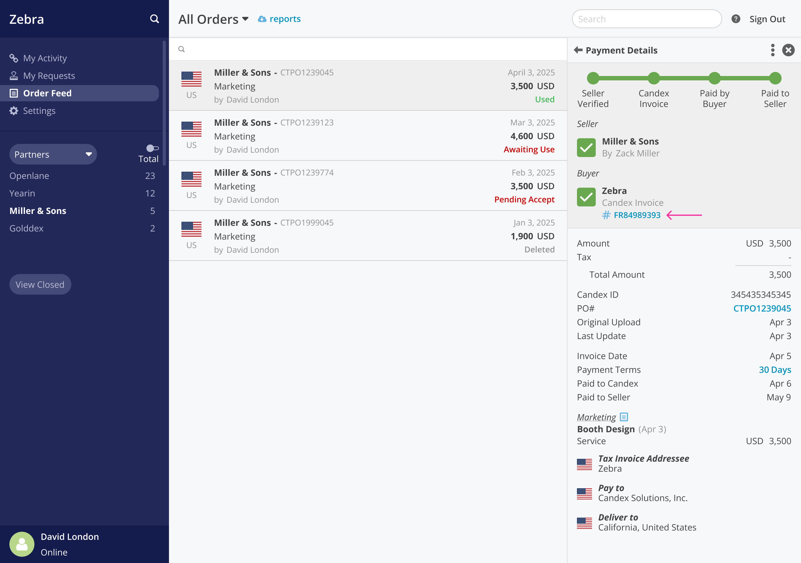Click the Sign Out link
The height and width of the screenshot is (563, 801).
click(767, 19)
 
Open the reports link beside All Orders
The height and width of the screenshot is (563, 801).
click(284, 19)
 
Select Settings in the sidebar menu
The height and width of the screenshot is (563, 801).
click(39, 111)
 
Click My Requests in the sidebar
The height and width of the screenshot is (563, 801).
click(49, 76)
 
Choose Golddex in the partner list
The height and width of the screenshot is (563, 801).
click(27, 228)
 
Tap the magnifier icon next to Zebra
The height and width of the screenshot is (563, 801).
click(154, 19)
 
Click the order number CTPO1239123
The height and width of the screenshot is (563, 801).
click(307, 123)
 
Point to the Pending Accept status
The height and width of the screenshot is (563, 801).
click(524, 200)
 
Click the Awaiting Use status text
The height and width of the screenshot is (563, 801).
click(528, 150)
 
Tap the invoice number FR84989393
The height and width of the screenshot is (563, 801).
click(637, 215)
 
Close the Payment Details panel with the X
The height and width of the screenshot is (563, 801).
click(788, 50)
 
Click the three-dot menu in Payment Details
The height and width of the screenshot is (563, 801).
click(773, 50)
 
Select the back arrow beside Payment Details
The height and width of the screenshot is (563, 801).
click(578, 50)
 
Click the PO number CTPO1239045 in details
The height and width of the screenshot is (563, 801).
click(762, 309)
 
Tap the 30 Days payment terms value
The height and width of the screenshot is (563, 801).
click(774, 370)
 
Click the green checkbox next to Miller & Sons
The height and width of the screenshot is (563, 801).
click(586, 148)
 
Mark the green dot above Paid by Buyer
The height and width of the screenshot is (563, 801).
click(714, 78)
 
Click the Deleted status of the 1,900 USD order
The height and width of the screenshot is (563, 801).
click(539, 250)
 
